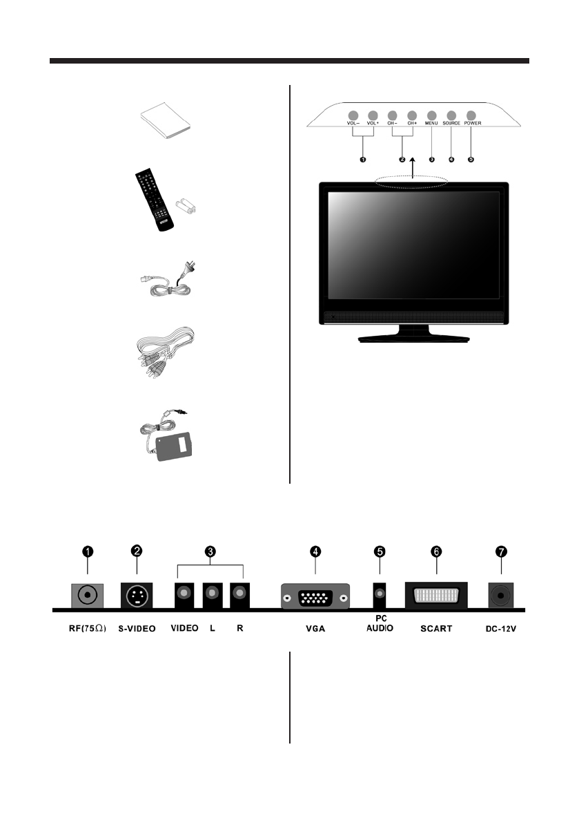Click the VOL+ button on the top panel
coord(373,115)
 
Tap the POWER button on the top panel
coord(472,115)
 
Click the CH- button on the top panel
coord(393,115)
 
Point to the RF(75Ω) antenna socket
coord(88,594)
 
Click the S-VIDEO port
coord(137,594)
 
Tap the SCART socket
coord(436,594)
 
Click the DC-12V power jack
coord(501,595)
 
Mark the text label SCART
coord(436,630)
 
